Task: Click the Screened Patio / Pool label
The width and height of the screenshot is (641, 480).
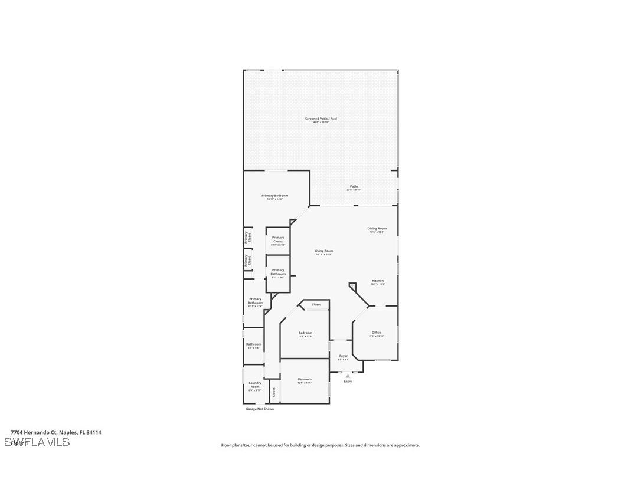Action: (320, 119)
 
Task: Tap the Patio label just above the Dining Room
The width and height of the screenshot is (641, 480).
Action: (354, 186)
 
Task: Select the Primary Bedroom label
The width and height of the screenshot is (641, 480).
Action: (274, 196)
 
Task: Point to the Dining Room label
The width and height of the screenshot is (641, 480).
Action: (377, 229)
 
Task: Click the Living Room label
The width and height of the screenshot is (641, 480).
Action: (323, 251)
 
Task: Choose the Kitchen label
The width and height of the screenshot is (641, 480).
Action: (378, 281)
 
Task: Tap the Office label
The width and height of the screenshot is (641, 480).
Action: (377, 333)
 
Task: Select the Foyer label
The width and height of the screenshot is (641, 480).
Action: (344, 356)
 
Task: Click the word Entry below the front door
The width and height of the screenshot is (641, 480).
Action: (348, 382)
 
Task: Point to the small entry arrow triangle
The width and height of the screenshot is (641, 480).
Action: (348, 376)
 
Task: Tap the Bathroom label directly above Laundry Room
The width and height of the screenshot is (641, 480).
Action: (254, 344)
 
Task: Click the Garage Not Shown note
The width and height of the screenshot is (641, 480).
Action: (260, 409)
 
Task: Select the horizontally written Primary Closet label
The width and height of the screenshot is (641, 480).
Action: (278, 239)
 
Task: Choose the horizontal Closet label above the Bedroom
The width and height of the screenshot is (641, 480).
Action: (316, 305)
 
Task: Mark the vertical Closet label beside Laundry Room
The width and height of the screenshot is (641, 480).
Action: (274, 392)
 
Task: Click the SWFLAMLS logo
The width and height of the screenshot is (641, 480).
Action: (37, 442)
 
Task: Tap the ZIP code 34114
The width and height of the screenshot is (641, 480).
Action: (93, 432)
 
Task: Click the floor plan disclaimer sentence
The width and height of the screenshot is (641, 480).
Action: (320, 445)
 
